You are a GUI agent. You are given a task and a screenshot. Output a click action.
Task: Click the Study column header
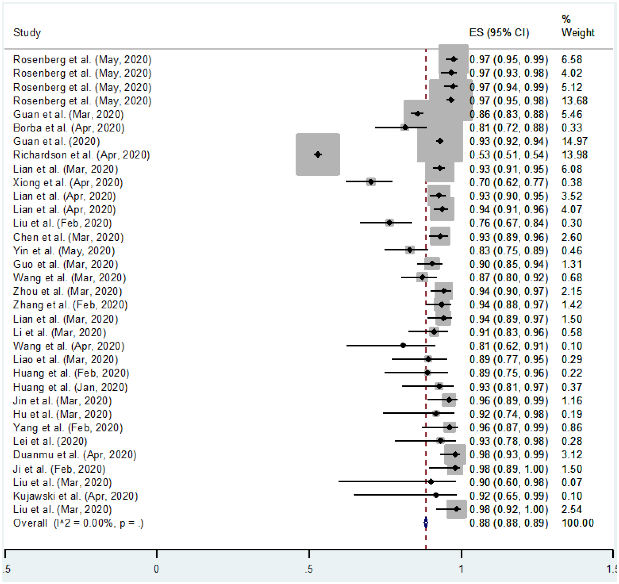click(27, 33)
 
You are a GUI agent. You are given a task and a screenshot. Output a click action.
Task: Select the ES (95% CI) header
click(499, 33)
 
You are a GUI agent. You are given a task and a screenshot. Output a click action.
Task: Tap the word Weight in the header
click(578, 33)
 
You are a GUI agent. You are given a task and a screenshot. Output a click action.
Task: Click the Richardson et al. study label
click(81, 155)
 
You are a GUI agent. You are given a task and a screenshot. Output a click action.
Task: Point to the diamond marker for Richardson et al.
click(318, 154)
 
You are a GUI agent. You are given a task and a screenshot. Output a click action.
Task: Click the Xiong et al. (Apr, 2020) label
click(68, 182)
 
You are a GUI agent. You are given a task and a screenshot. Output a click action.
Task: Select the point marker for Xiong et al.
click(371, 182)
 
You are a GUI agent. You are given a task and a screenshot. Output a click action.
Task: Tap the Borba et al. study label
click(69, 128)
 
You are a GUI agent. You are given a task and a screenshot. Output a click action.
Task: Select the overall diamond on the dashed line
click(426, 522)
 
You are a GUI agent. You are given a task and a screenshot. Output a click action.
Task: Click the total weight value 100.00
click(577, 523)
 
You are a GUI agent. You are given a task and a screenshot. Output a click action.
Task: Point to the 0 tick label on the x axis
click(156, 569)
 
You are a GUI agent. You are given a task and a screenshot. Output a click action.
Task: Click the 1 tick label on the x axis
click(461, 569)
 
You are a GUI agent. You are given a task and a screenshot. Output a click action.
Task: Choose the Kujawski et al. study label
click(75, 496)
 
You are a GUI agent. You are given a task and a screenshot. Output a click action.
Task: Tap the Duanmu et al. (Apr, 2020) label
click(75, 455)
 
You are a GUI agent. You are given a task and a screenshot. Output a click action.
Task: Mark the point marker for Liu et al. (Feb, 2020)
click(389, 223)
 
